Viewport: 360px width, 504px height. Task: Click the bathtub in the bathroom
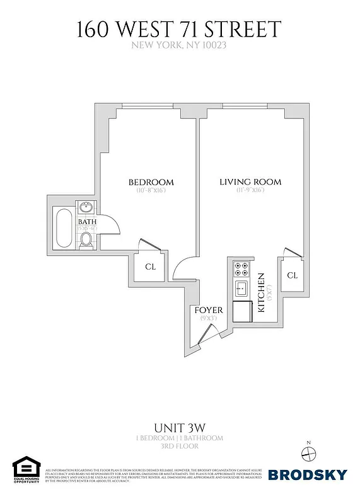coord(64,227)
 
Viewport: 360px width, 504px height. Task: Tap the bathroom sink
coord(86,208)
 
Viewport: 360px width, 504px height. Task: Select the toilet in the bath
coord(86,238)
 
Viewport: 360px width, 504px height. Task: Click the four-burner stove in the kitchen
coord(241,269)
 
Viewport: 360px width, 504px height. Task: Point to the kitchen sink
coord(241,289)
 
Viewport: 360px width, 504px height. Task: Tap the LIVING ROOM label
coord(250,182)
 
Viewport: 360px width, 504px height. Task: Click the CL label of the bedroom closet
coord(150,266)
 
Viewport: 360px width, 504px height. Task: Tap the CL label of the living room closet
coord(292,275)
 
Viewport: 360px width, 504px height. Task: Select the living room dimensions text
coord(250,190)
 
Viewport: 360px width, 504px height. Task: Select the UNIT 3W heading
coord(179,427)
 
